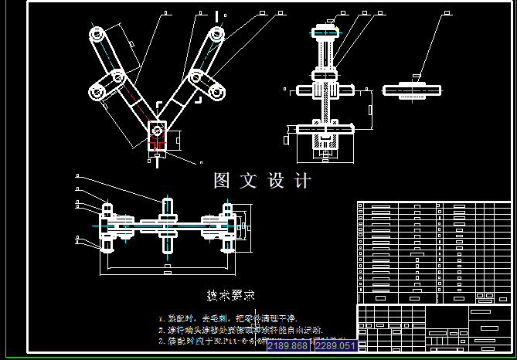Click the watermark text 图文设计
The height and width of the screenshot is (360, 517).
pyautogui.click(x=262, y=181)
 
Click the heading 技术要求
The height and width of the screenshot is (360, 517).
pyautogui.click(x=230, y=295)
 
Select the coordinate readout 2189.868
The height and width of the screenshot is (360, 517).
pyautogui.click(x=287, y=346)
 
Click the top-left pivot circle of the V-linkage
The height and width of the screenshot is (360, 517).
pyautogui.click(x=96, y=35)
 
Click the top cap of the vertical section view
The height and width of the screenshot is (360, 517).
pyautogui.click(x=325, y=32)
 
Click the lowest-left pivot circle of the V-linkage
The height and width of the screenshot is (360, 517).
pyautogui.click(x=98, y=93)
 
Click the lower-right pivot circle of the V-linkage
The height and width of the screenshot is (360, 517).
pyautogui.click(x=217, y=93)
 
